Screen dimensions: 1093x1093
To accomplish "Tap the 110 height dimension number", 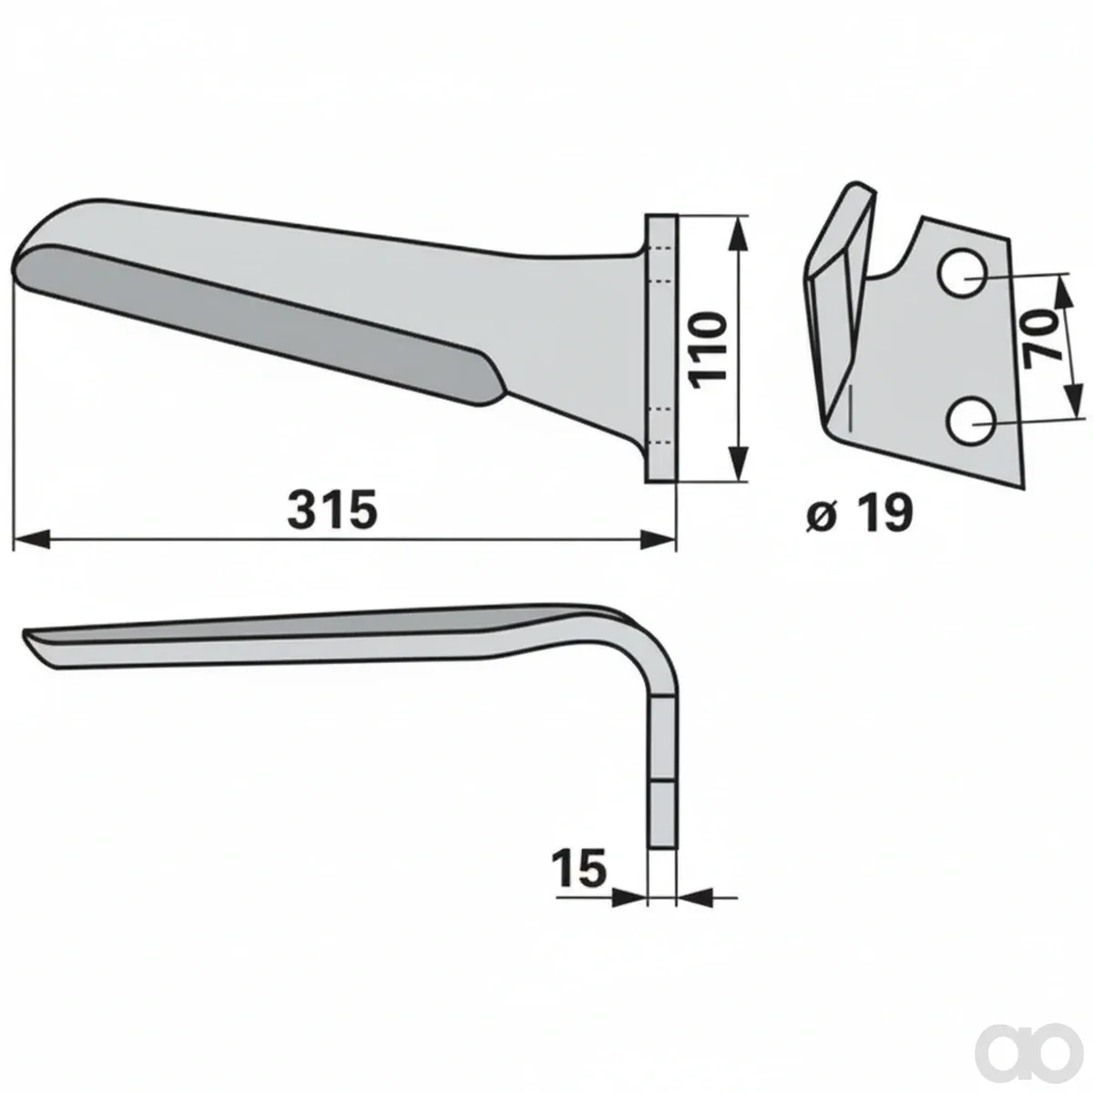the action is click(709, 350).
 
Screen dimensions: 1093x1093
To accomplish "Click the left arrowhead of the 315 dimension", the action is click(31, 539).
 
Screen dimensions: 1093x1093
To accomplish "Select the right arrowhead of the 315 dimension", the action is click(658, 539).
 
